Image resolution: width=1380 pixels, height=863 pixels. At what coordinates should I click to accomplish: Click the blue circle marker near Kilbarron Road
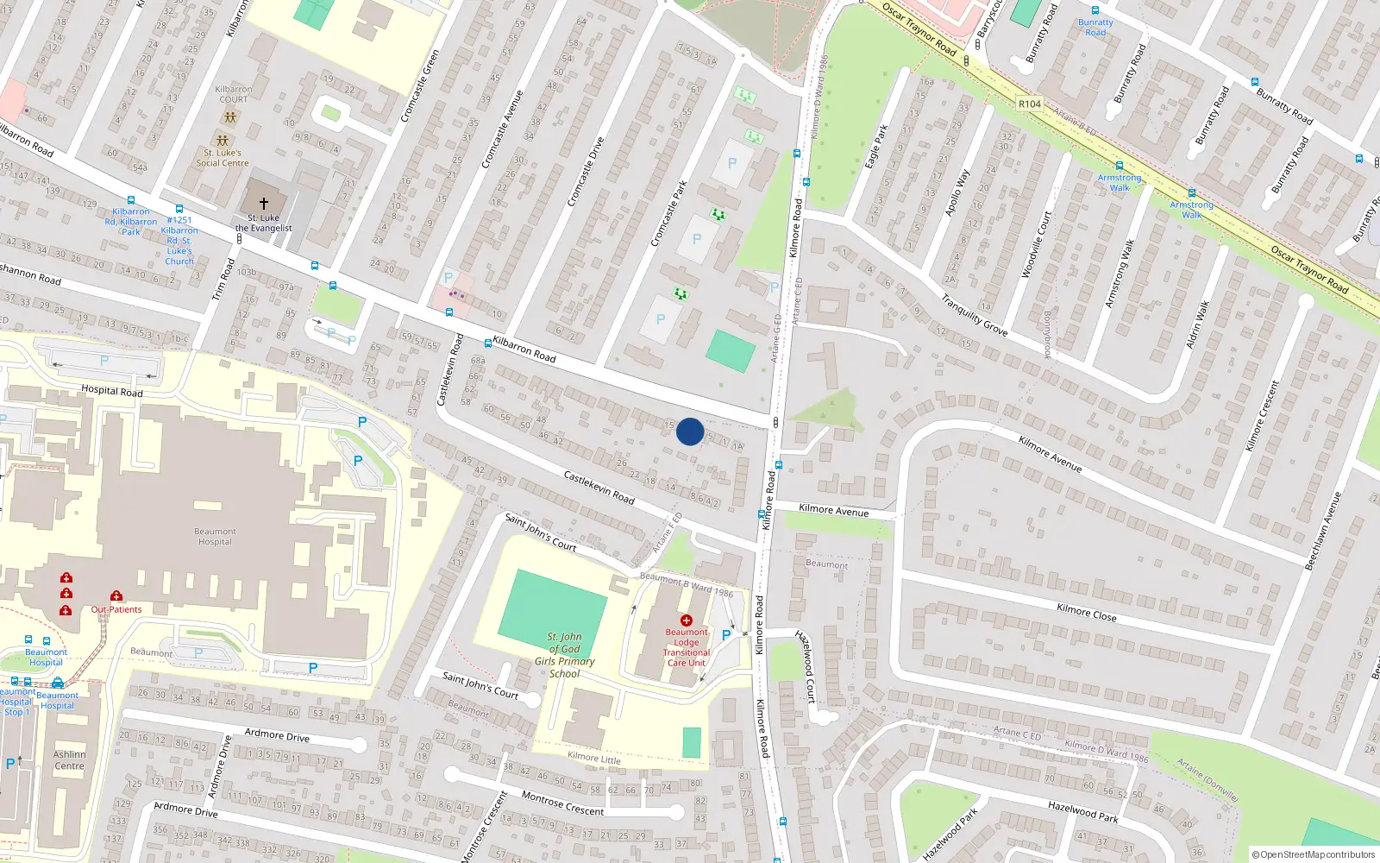[690, 431]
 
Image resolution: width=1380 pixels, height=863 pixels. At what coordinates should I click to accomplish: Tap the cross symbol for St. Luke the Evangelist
[264, 203]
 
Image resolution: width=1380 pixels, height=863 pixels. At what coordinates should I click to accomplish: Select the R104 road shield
[1030, 104]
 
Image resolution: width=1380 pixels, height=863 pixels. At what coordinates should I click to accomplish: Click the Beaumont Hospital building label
[215, 537]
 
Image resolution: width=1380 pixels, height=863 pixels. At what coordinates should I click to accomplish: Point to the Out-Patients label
[116, 609]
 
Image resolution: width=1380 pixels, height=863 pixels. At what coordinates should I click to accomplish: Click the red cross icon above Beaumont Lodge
[687, 620]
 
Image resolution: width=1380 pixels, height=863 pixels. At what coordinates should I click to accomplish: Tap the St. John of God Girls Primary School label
[564, 655]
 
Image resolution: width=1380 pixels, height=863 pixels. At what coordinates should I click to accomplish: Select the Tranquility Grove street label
[974, 315]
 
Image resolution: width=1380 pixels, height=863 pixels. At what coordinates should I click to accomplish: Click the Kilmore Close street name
[1086, 613]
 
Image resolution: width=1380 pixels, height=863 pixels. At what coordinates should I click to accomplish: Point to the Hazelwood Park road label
[1082, 811]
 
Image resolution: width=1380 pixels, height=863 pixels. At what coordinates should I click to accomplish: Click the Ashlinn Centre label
[69, 759]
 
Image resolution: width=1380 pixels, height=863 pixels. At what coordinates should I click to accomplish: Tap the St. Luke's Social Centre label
[222, 158]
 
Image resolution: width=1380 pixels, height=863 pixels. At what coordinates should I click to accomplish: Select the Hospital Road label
[112, 391]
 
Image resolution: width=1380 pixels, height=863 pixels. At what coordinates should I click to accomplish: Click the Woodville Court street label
[1036, 245]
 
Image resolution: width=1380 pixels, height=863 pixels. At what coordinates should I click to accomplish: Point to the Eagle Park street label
[876, 147]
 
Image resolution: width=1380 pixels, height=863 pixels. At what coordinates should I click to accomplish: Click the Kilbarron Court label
[233, 94]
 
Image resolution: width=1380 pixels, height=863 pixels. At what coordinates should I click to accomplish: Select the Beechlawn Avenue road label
[1323, 531]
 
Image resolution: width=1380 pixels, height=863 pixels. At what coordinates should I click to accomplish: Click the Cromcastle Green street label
[420, 85]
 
